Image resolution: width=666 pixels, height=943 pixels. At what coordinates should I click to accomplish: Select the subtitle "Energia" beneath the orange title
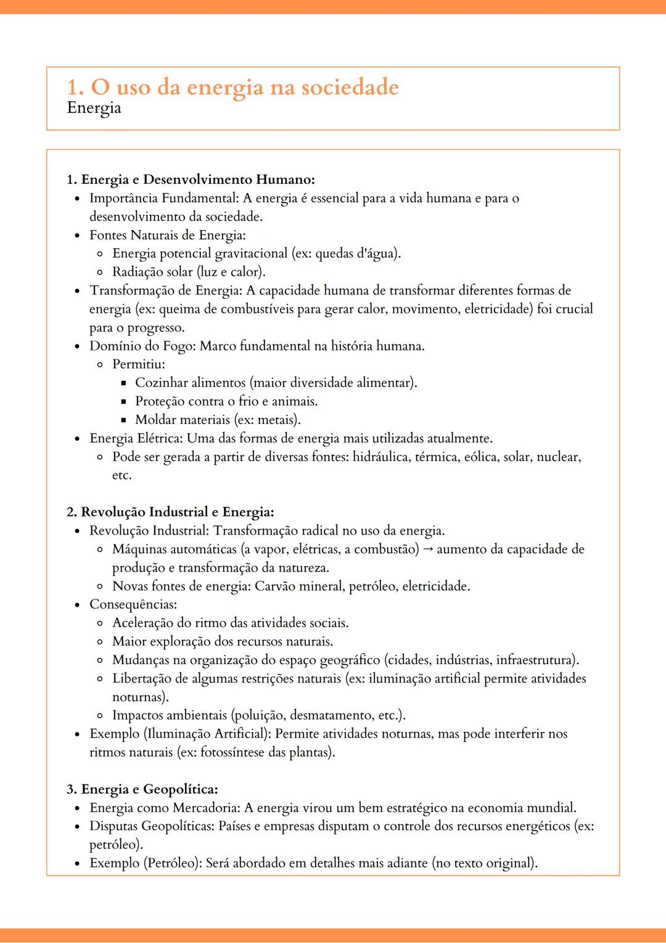click(94, 108)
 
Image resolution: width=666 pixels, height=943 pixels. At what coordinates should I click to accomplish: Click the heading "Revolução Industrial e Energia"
click(177, 512)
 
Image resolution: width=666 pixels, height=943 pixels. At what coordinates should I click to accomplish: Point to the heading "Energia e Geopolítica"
click(149, 789)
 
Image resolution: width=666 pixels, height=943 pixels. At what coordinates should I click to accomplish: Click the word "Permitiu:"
click(139, 365)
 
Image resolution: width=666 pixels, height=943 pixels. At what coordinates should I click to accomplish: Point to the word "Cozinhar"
click(161, 383)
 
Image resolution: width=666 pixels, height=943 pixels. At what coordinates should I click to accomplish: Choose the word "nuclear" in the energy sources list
click(558, 457)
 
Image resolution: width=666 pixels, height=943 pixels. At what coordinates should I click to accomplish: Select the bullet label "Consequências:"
click(133, 605)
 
